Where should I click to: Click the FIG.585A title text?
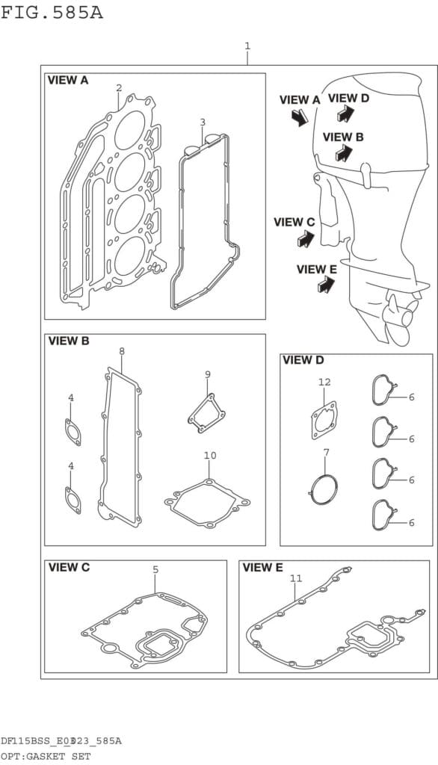[x=52, y=12]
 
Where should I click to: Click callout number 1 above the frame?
[x=247, y=46]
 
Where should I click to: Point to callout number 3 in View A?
[x=203, y=122]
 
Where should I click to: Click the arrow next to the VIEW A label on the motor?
[x=299, y=117]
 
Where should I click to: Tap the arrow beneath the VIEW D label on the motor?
[x=345, y=114]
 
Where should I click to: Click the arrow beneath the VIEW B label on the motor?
[x=344, y=153]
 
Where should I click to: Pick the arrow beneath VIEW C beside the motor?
[x=306, y=238]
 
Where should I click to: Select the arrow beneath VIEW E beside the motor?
[x=327, y=285]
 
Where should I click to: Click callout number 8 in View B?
[x=122, y=351]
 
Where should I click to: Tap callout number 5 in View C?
[x=155, y=569]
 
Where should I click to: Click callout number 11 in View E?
[x=296, y=579]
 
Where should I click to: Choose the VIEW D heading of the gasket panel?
[x=303, y=361]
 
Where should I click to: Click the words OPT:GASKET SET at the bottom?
[x=46, y=757]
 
